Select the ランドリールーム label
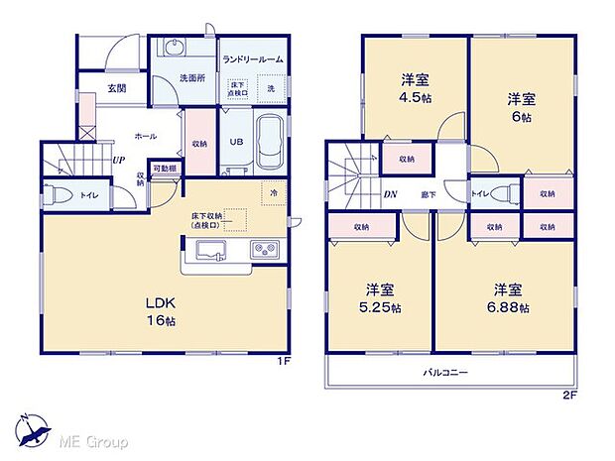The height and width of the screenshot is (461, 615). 252,59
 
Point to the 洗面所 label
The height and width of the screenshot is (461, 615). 191,78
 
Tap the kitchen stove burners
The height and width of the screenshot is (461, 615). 262,250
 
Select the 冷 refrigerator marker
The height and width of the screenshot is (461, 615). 272,191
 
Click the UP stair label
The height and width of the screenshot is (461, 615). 117,161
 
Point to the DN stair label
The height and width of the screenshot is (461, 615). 392,194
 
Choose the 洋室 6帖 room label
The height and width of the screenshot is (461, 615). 522,105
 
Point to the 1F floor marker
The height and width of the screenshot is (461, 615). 284,362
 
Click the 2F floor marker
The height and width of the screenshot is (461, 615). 569,394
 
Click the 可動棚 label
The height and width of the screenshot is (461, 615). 164,168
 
